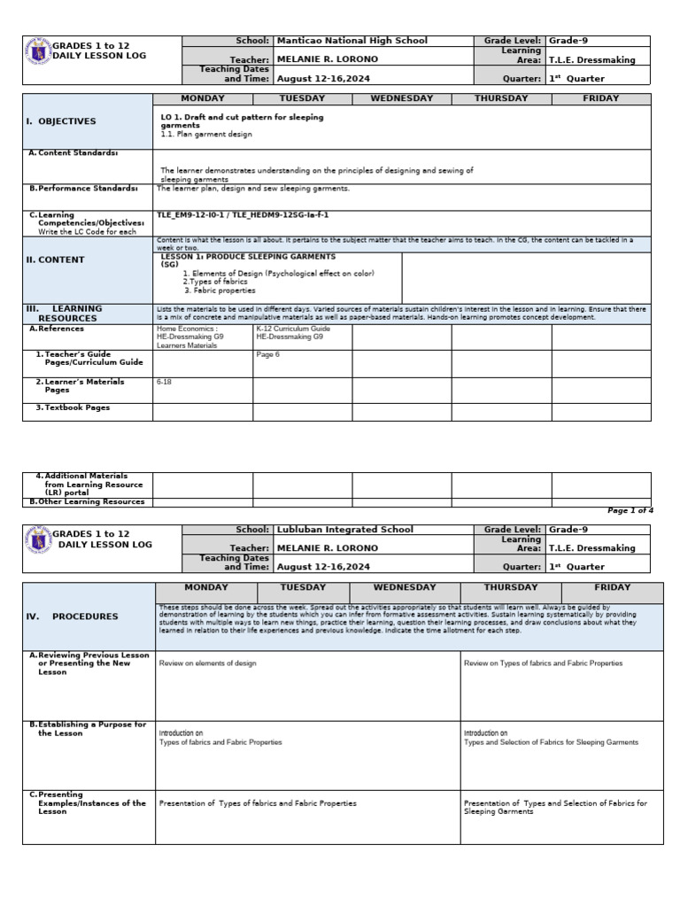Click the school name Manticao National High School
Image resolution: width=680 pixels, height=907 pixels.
(x=352, y=41)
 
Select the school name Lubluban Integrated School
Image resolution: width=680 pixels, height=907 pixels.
(x=344, y=530)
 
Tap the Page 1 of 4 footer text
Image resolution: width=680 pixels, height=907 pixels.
(x=630, y=510)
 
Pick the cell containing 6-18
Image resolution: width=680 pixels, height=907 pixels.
(x=164, y=382)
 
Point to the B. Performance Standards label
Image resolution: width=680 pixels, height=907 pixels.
(x=87, y=189)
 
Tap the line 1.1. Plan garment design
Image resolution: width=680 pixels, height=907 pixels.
(x=206, y=135)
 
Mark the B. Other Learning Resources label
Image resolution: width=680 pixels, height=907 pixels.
(x=87, y=501)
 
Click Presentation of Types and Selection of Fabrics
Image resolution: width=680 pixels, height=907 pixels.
(x=555, y=803)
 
